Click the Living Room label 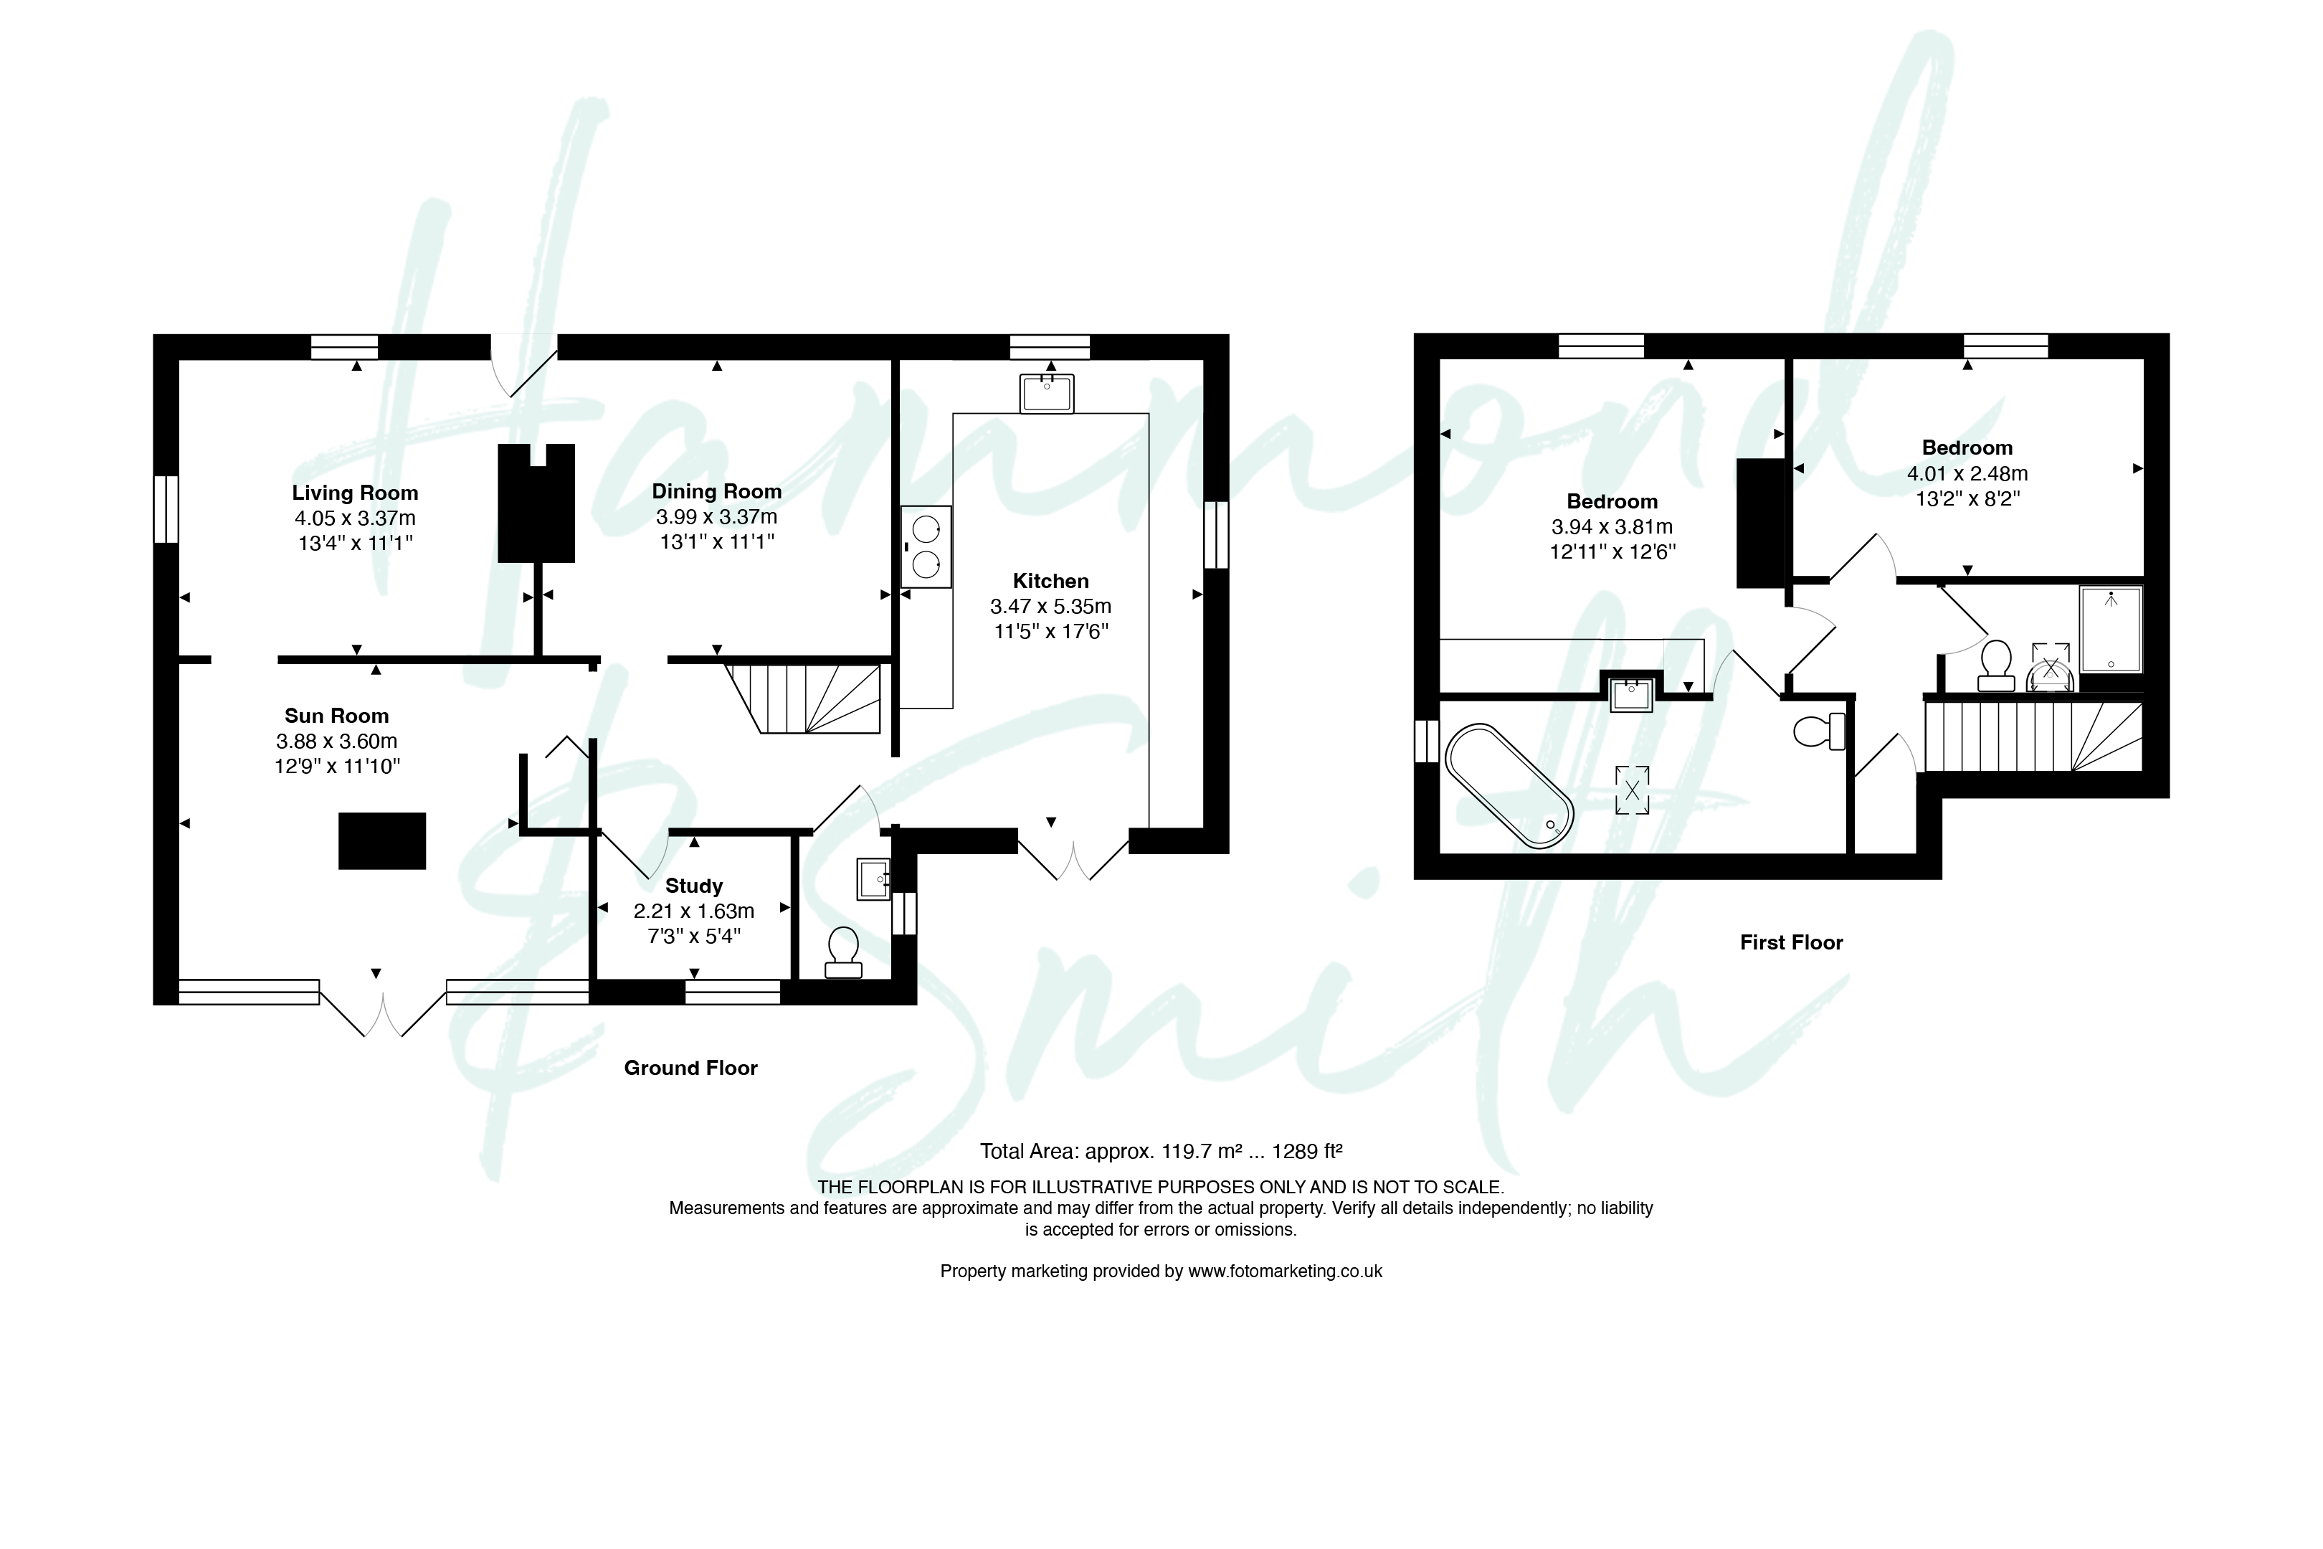(355, 493)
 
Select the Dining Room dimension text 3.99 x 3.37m (716, 516)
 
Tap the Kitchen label (1051, 581)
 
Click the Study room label (693, 886)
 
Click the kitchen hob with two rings (926, 546)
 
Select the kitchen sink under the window (1047, 393)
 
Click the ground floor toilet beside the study (843, 952)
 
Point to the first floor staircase (2033, 736)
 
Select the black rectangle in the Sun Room (382, 840)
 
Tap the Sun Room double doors (383, 1007)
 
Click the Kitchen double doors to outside (1073, 855)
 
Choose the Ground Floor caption (690, 1068)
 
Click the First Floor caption (1792, 942)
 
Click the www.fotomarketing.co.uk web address (1285, 1271)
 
